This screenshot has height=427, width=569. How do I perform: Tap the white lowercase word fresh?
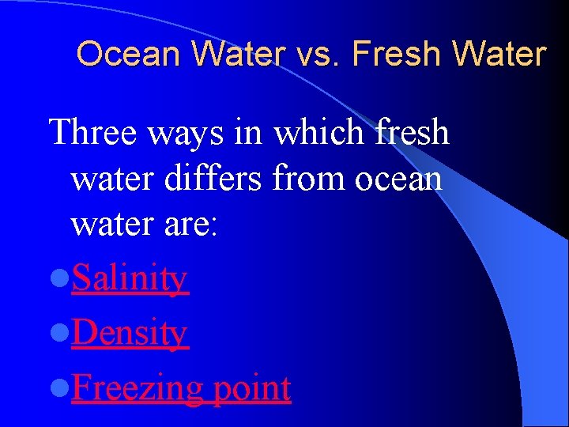pos(410,132)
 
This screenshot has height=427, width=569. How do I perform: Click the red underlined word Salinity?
pos(130,280)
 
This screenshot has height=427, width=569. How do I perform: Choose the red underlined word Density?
pos(129,334)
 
